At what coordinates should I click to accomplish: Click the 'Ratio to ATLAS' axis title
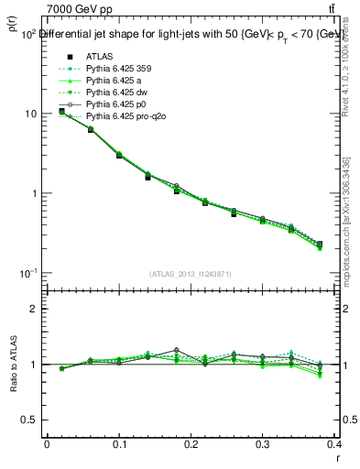[x=13, y=365]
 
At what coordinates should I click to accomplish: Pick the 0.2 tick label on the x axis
[x=191, y=443]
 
